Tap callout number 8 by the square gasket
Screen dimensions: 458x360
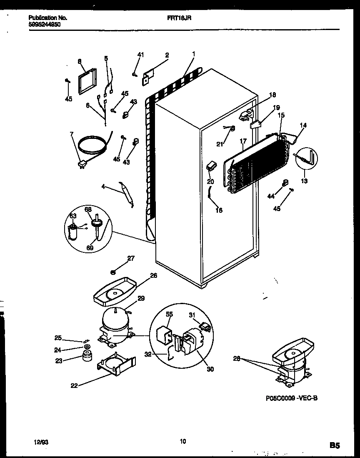point(79,61)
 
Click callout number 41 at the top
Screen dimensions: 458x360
point(140,55)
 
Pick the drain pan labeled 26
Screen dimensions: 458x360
point(113,292)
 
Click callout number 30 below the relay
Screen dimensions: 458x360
point(210,369)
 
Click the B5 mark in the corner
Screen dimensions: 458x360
point(335,445)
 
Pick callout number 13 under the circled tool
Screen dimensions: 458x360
point(304,181)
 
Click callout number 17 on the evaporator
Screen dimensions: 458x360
point(244,142)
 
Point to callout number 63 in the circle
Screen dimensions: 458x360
point(73,216)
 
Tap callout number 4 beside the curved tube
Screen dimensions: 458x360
point(103,187)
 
